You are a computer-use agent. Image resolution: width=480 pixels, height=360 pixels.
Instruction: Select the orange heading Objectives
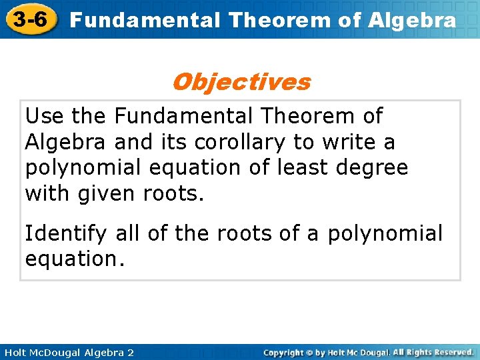pyautogui.click(x=241, y=82)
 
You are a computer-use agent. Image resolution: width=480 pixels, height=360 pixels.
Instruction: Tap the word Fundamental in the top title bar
pyautogui.click(x=145, y=20)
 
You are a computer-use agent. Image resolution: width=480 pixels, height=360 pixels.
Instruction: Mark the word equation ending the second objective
pyautogui.click(x=74, y=259)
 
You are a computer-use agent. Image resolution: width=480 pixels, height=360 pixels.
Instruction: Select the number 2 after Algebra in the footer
pyautogui.click(x=131, y=352)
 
